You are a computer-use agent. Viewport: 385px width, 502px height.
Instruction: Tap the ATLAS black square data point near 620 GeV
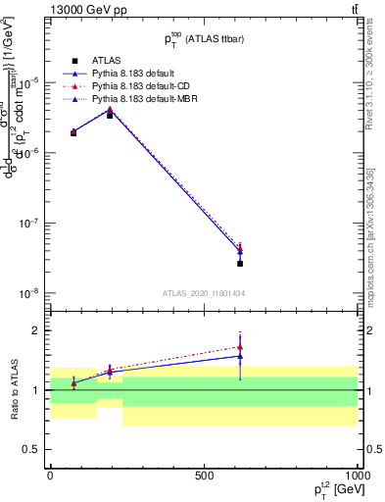pyautogui.click(x=240, y=264)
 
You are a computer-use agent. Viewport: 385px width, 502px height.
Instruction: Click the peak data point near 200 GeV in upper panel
pyautogui.click(x=110, y=114)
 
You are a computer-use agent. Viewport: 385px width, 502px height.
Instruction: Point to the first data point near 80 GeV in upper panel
pyautogui.click(x=73, y=132)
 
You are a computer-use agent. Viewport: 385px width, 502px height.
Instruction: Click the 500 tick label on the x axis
pyautogui.click(x=204, y=476)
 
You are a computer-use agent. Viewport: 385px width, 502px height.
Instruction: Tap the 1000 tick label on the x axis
pyautogui.click(x=357, y=476)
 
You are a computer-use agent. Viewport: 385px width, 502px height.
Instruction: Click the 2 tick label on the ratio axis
pyautogui.click(x=40, y=330)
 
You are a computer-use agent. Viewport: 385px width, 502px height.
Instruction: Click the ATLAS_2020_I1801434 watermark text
pyautogui.click(x=203, y=293)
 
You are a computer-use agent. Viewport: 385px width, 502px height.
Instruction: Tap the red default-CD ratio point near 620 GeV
pyautogui.click(x=240, y=347)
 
